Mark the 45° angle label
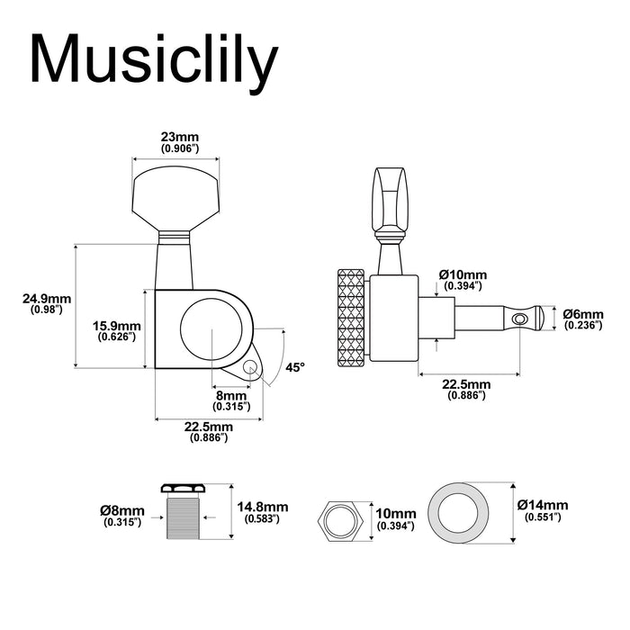[x=296, y=367]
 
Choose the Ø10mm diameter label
[x=462, y=274]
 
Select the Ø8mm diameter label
[x=122, y=510]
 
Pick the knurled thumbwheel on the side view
[x=352, y=319]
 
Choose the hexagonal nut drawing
[x=338, y=520]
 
